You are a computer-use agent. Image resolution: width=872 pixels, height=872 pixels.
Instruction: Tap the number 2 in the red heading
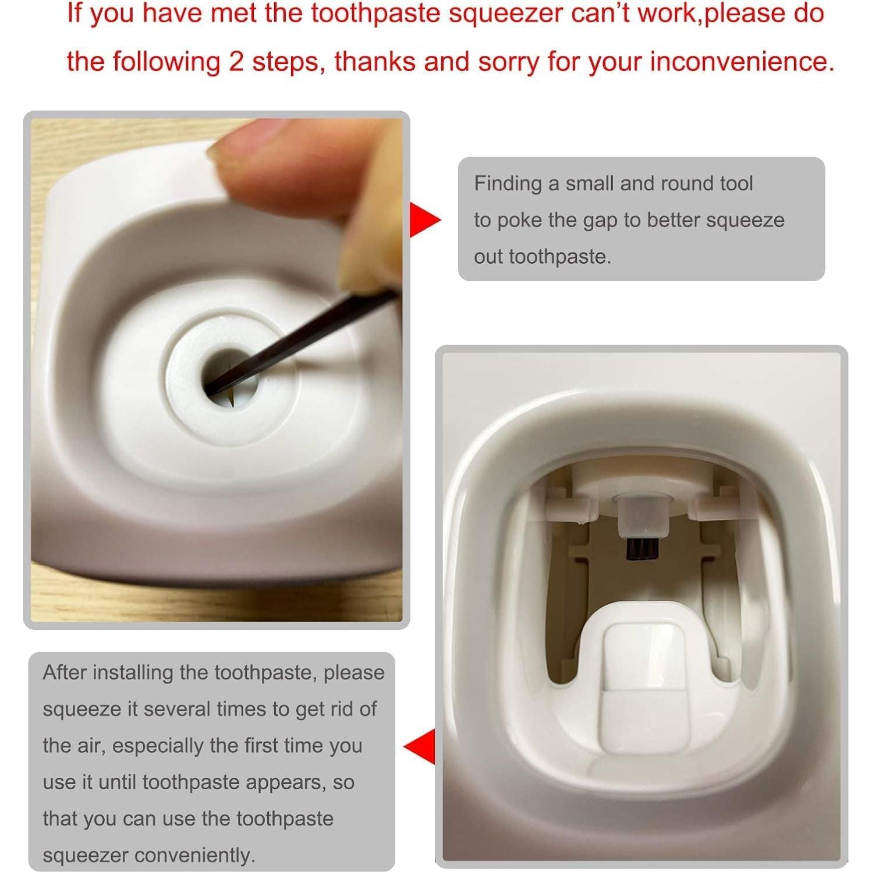click(236, 61)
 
